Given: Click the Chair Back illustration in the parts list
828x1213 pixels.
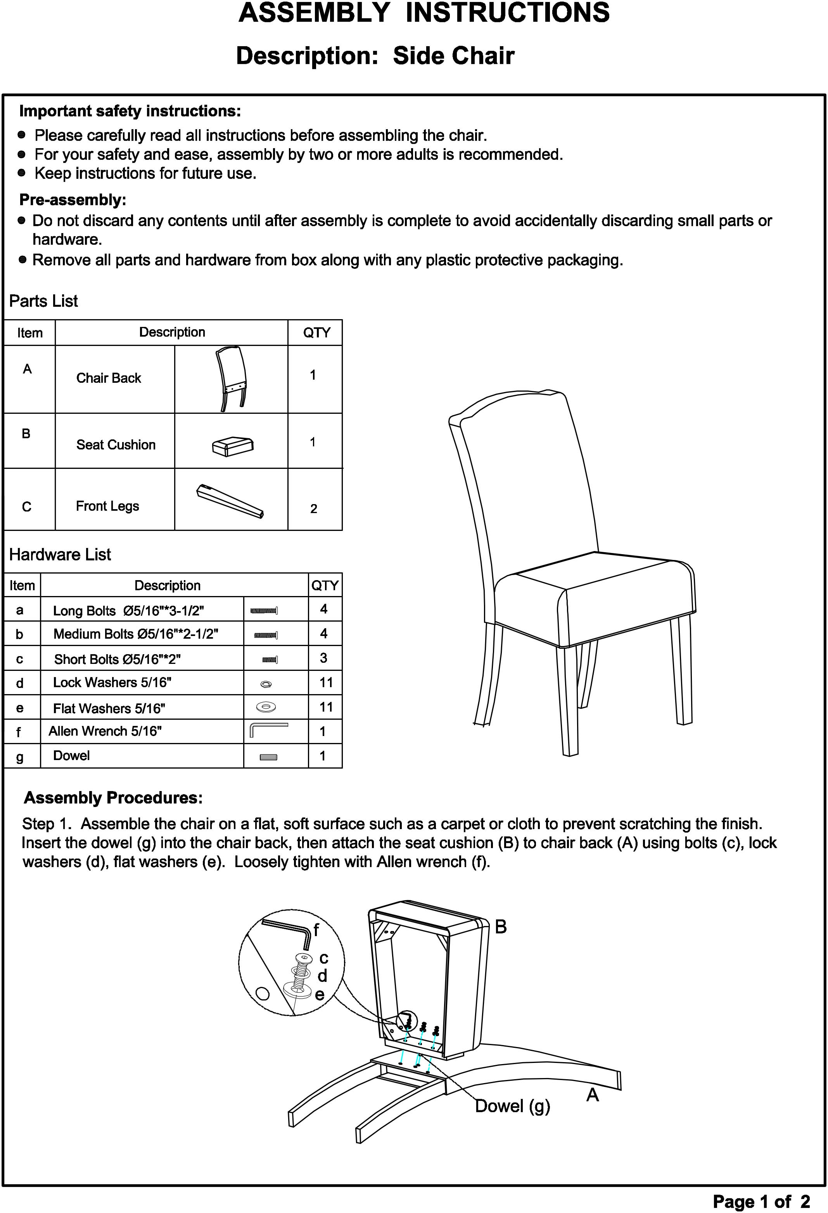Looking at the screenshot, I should (x=231, y=379).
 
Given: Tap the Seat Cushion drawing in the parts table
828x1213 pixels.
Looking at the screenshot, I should (x=233, y=446).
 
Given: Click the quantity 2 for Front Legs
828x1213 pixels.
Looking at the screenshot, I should (x=314, y=509).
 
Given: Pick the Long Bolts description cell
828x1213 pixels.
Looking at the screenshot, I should (x=128, y=611).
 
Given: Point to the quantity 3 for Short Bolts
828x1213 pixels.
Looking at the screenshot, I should (x=324, y=658).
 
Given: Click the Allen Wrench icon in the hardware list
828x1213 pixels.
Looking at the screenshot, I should (x=269, y=730).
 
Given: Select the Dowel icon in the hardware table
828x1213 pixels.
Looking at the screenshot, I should (x=268, y=757).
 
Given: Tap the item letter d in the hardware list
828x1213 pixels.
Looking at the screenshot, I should (x=20, y=683).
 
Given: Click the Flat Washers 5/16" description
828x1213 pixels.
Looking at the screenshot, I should (x=109, y=708).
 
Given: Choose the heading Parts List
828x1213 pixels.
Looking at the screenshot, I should (x=43, y=301).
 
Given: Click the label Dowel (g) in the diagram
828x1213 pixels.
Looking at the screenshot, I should (x=512, y=1106).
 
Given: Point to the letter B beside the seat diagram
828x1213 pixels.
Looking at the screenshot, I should (x=501, y=926).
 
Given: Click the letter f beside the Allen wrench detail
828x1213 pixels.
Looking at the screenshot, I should (x=316, y=930).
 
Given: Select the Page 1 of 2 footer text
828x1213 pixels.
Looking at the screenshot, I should (x=761, y=1201).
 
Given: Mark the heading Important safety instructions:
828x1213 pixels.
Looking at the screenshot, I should (x=130, y=111).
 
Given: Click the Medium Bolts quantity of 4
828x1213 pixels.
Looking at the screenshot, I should (x=324, y=634).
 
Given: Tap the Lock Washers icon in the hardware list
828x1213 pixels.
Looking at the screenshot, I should (x=266, y=684).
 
